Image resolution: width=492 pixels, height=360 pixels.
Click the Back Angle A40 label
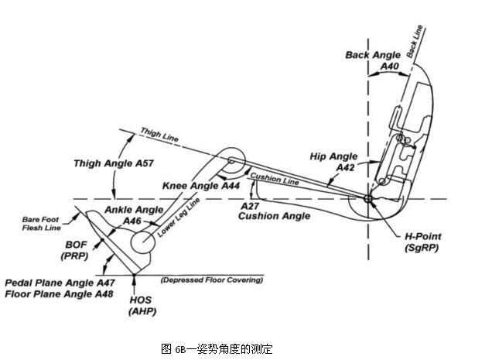pyautogui.click(x=373, y=60)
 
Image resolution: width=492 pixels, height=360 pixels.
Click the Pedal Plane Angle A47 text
pyautogui.click(x=60, y=283)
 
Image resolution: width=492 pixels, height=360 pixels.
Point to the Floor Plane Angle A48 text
pyautogui.click(x=59, y=293)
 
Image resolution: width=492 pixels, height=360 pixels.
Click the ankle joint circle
pyautogui.click(x=144, y=242)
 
